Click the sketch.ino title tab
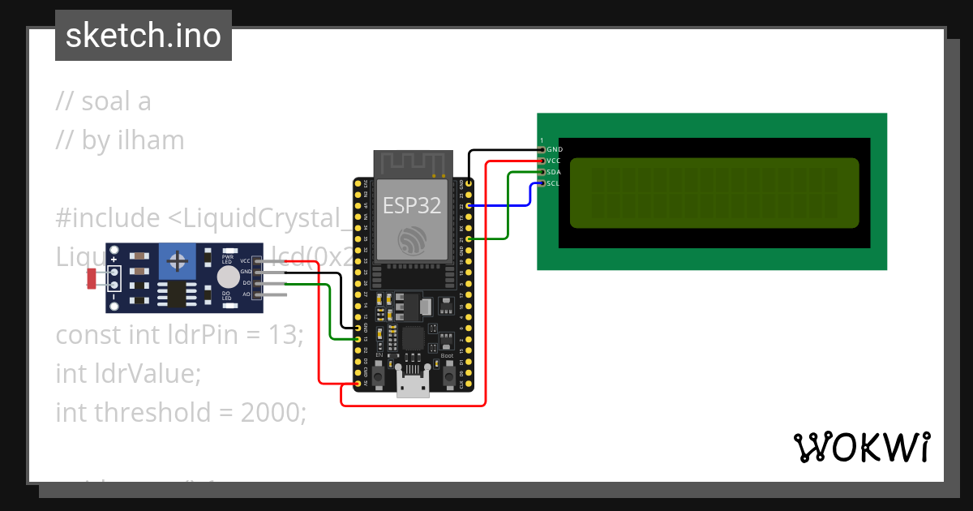pos(144,36)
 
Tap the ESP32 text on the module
pos(411,205)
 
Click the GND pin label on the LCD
pos(555,150)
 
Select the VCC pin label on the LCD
pos(555,161)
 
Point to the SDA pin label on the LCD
pos(555,173)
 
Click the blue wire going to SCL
pos(503,206)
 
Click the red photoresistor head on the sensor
pos(92,278)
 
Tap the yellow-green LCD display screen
pos(714,193)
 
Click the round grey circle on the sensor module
pos(228,277)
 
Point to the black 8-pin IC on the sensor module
pos(175,294)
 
